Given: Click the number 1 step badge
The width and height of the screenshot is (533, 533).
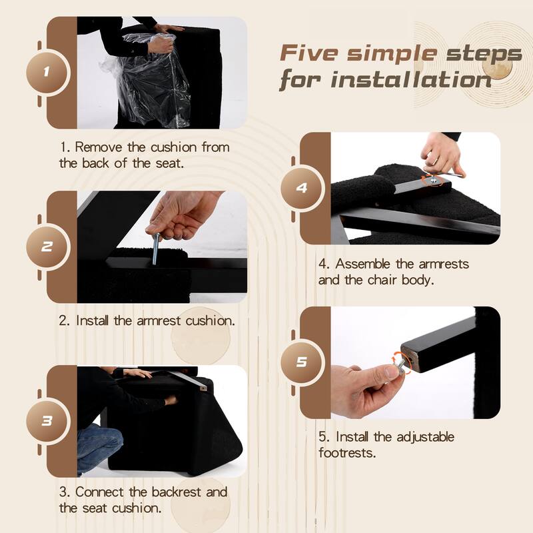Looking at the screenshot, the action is pyautogui.click(x=47, y=72).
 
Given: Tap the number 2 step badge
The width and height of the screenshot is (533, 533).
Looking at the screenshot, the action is pyautogui.click(x=47, y=247).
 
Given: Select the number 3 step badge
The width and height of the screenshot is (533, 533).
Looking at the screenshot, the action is pyautogui.click(x=47, y=421).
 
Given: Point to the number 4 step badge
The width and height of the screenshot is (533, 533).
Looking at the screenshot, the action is pyautogui.click(x=301, y=188).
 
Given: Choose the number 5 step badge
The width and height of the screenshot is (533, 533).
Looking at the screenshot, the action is pyautogui.click(x=301, y=362).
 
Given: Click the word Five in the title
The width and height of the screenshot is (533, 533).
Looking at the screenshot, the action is pyautogui.click(x=308, y=53).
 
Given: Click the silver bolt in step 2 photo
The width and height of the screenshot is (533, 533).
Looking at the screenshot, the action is pyautogui.click(x=155, y=248).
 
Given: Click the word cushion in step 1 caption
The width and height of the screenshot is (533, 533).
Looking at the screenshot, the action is pyautogui.click(x=173, y=147).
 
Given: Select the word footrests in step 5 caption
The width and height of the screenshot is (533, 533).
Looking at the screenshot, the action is pyautogui.click(x=347, y=453).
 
